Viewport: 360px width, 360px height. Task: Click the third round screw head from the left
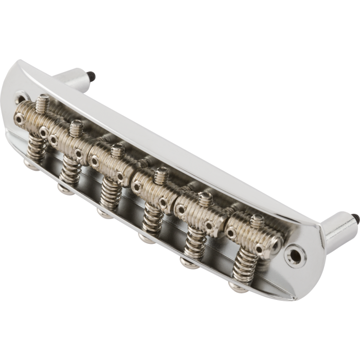pyautogui.click(x=101, y=211)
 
